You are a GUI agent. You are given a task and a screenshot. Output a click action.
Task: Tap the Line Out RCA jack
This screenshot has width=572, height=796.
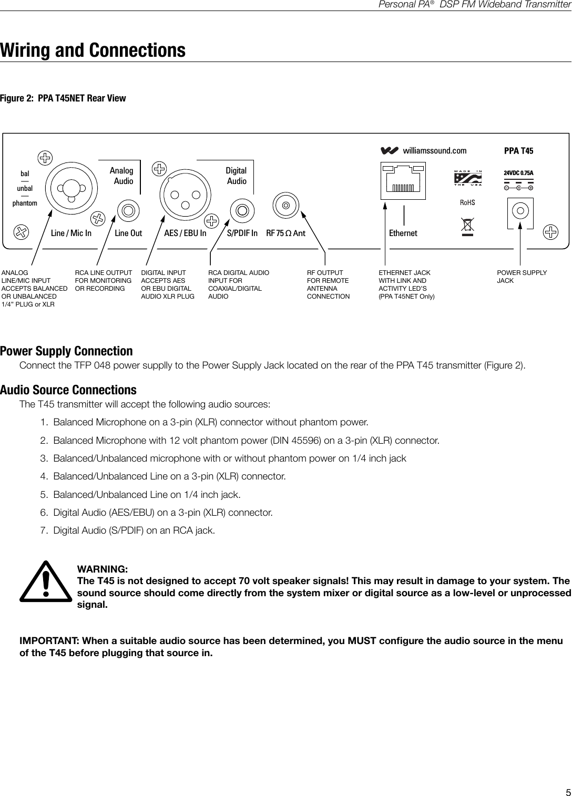click(x=128, y=211)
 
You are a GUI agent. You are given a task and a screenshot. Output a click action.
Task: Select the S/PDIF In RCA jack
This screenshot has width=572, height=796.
click(x=242, y=211)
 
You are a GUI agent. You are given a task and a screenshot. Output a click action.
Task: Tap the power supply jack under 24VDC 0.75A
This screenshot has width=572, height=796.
click(x=520, y=212)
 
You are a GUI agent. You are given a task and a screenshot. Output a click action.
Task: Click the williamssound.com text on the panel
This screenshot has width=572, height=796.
click(x=434, y=151)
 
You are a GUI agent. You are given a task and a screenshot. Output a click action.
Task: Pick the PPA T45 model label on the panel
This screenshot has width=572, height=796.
click(x=518, y=151)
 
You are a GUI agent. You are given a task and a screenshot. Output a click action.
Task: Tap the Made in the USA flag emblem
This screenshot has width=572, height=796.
click(x=467, y=178)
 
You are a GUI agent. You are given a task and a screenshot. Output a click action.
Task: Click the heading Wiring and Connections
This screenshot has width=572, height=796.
click(x=93, y=50)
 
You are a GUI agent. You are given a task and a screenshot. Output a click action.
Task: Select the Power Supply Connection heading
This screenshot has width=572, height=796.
click(x=66, y=351)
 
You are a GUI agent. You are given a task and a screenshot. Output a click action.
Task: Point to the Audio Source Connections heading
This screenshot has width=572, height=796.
click(x=68, y=390)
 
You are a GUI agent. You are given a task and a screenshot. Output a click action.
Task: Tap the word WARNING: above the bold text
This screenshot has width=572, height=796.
click(x=103, y=569)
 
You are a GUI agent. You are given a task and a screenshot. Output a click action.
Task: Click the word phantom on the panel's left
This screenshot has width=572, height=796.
click(x=25, y=203)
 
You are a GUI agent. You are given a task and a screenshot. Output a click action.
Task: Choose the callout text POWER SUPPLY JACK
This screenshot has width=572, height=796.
click(x=522, y=277)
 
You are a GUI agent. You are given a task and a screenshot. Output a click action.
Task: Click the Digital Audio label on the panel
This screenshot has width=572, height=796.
click(x=236, y=176)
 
